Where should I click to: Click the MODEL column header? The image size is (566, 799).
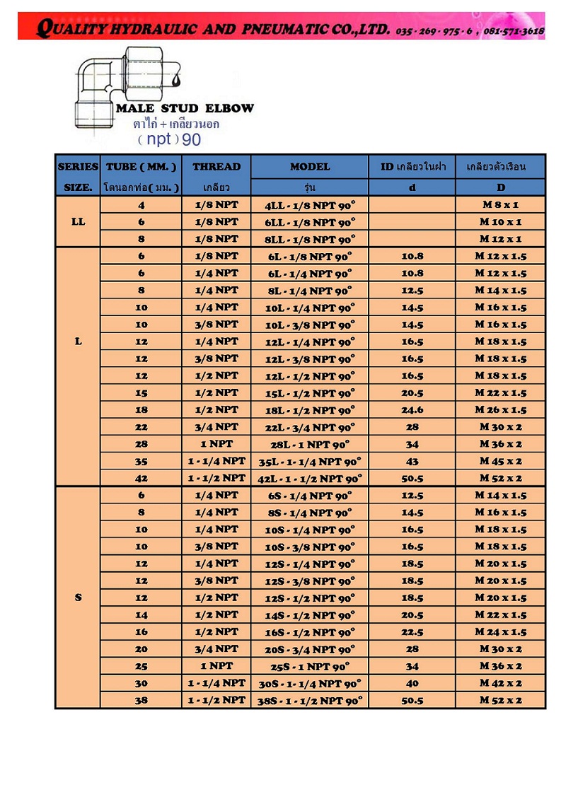[310, 167]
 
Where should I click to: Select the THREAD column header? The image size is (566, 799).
[216, 167]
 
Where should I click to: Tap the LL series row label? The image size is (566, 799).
[78, 221]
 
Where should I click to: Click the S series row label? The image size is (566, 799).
[78, 597]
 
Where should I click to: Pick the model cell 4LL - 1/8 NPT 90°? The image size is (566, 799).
[310, 205]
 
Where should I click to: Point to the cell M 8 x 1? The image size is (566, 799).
[500, 205]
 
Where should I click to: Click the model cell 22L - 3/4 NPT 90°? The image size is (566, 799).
[310, 427]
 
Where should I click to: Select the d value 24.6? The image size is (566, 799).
[412, 410]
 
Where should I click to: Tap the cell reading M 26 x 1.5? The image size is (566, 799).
[500, 410]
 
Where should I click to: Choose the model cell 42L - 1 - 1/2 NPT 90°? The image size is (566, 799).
[310, 479]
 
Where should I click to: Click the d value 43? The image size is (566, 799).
[412, 461]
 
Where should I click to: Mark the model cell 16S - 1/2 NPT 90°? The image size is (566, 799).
[310, 632]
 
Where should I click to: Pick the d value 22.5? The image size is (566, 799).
[412, 632]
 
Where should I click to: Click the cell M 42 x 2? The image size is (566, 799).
[500, 683]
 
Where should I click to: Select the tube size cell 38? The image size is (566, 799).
[141, 700]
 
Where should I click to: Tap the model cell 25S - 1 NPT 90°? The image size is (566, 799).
[310, 666]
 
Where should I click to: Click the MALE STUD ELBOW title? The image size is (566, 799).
[185, 109]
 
